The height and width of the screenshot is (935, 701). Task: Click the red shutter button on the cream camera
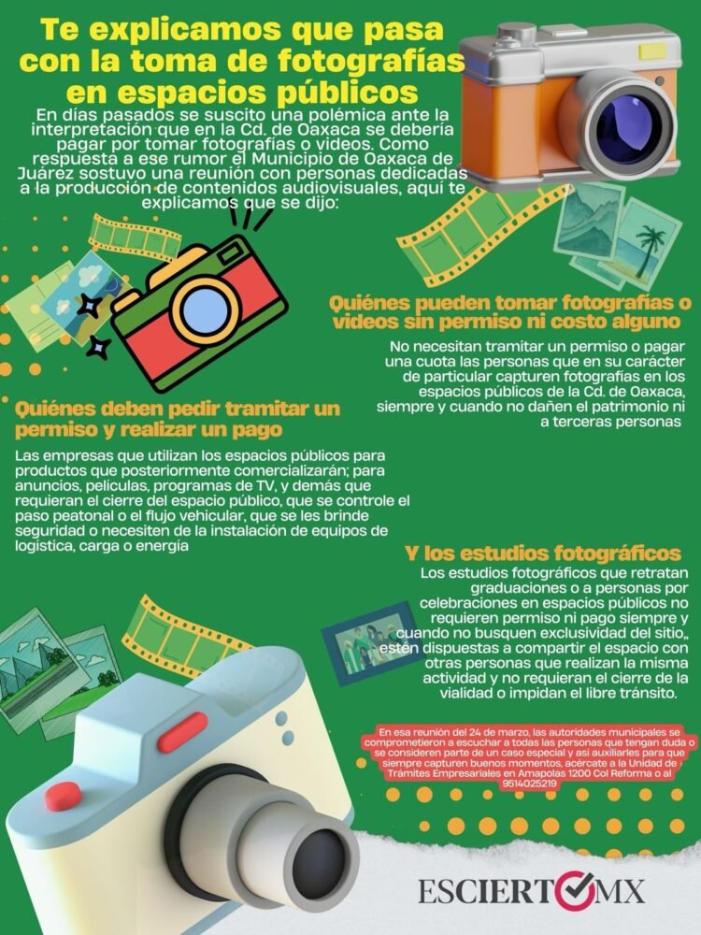[x=183, y=732]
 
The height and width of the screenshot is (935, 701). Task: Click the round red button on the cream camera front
[x=63, y=795]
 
